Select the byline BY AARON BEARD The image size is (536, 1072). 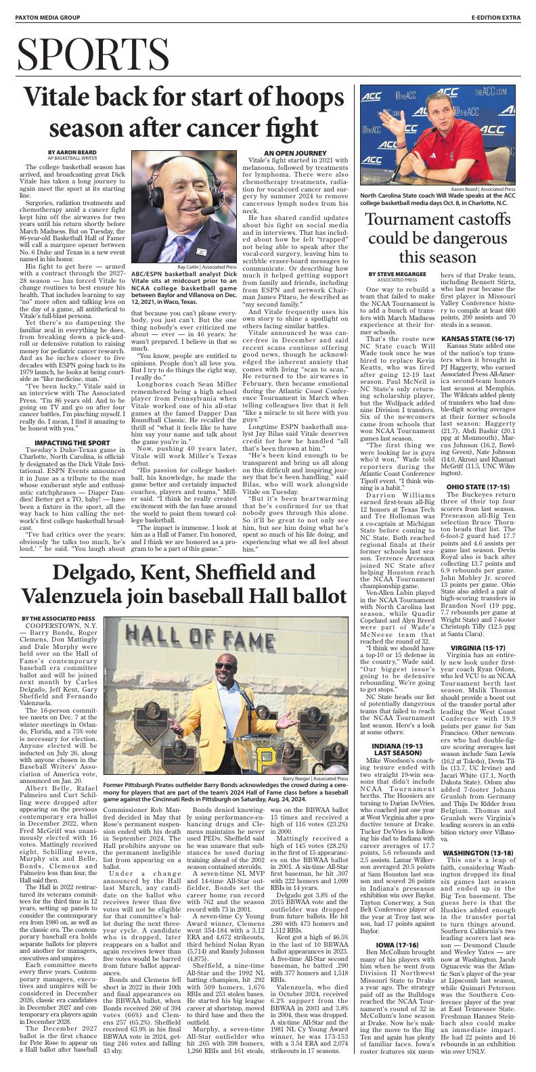[x=67, y=151]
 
